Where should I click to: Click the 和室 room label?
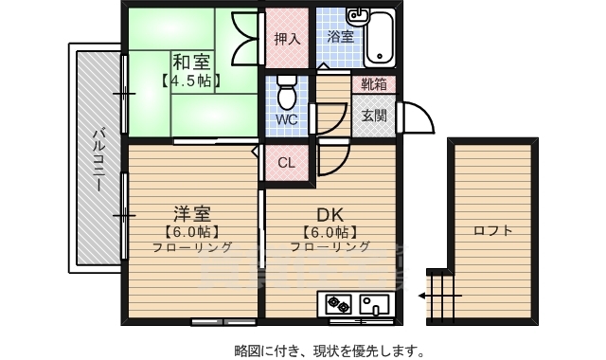[x=191, y=63]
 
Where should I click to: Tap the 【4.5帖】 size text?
[x=191, y=81]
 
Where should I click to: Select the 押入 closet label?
[x=287, y=39]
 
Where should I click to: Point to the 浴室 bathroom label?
[x=340, y=38]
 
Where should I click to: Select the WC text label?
[x=287, y=120]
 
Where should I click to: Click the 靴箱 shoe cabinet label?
[x=374, y=84]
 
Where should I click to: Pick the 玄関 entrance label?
[x=374, y=116]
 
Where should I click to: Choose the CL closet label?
[x=287, y=162]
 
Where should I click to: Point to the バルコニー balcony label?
[x=98, y=157]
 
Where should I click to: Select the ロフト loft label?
[x=492, y=230]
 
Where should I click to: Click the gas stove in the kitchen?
[x=338, y=305]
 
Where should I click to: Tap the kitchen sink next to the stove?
[x=372, y=305]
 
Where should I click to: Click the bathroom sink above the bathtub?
[x=357, y=17]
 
